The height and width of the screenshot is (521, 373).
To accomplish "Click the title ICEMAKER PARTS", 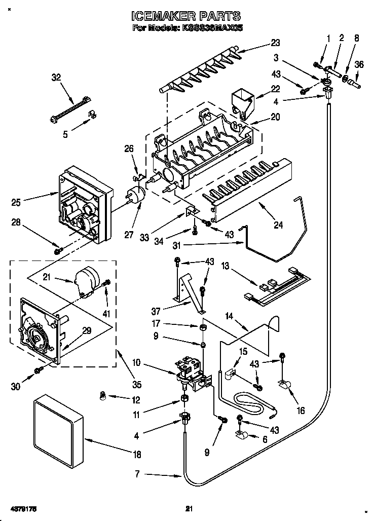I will click(186, 17).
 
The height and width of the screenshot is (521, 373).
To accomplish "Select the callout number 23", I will click(275, 43).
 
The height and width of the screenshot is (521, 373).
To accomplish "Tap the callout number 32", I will click(56, 78).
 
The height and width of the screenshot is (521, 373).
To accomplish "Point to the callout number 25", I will click(16, 202).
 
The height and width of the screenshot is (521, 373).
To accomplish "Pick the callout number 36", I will click(359, 64).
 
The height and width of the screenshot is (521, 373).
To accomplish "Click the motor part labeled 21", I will click(85, 282).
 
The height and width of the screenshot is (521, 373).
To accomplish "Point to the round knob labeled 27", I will click(135, 197).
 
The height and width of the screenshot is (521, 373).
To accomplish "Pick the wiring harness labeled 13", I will click(276, 288).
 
